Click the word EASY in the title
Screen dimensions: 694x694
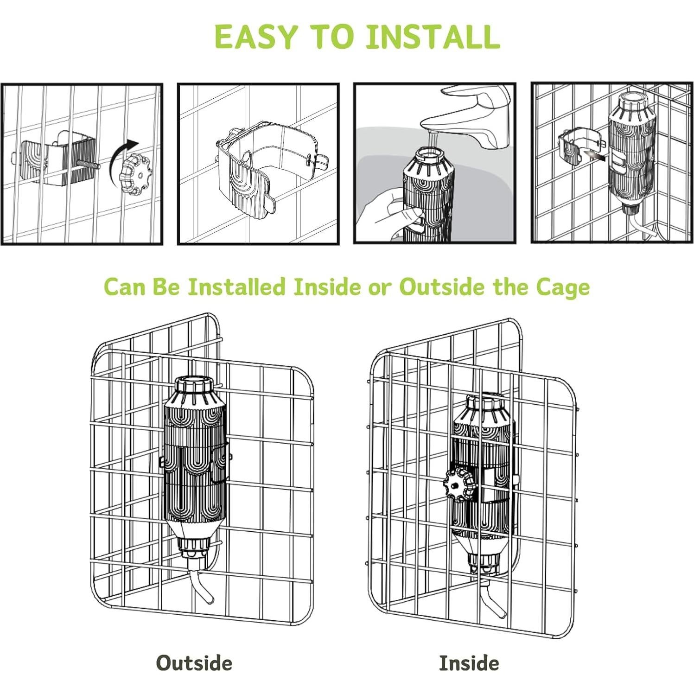click(x=256, y=37)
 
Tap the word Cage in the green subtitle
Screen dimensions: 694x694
click(x=563, y=287)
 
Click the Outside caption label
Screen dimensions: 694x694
click(x=194, y=663)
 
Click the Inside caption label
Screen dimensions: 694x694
click(x=469, y=663)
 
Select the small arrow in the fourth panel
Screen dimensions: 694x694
click(x=593, y=155)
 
